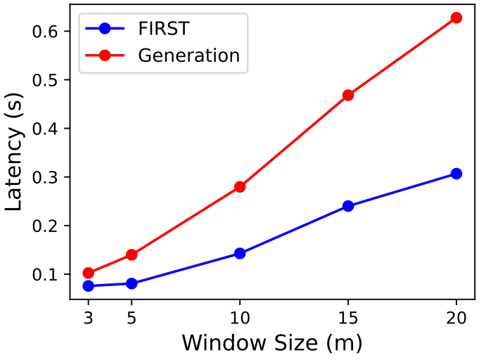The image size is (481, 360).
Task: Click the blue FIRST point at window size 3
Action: click(x=88, y=285)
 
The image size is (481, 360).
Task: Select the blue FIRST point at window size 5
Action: click(x=131, y=283)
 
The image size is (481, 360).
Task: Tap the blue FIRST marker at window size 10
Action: click(x=240, y=253)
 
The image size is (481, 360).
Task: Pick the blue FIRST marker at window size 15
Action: click(x=348, y=206)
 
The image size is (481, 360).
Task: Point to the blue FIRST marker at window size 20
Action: click(x=456, y=174)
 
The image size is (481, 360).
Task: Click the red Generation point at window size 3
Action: click(x=88, y=273)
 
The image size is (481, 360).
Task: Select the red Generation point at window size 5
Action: click(x=131, y=255)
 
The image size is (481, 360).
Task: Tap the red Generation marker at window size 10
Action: click(x=240, y=187)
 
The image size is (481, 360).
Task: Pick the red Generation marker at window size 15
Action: click(x=348, y=95)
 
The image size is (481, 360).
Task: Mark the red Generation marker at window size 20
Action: click(x=456, y=18)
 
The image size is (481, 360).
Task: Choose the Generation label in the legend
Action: click(x=188, y=55)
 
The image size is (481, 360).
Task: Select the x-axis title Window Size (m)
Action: click(x=271, y=343)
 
